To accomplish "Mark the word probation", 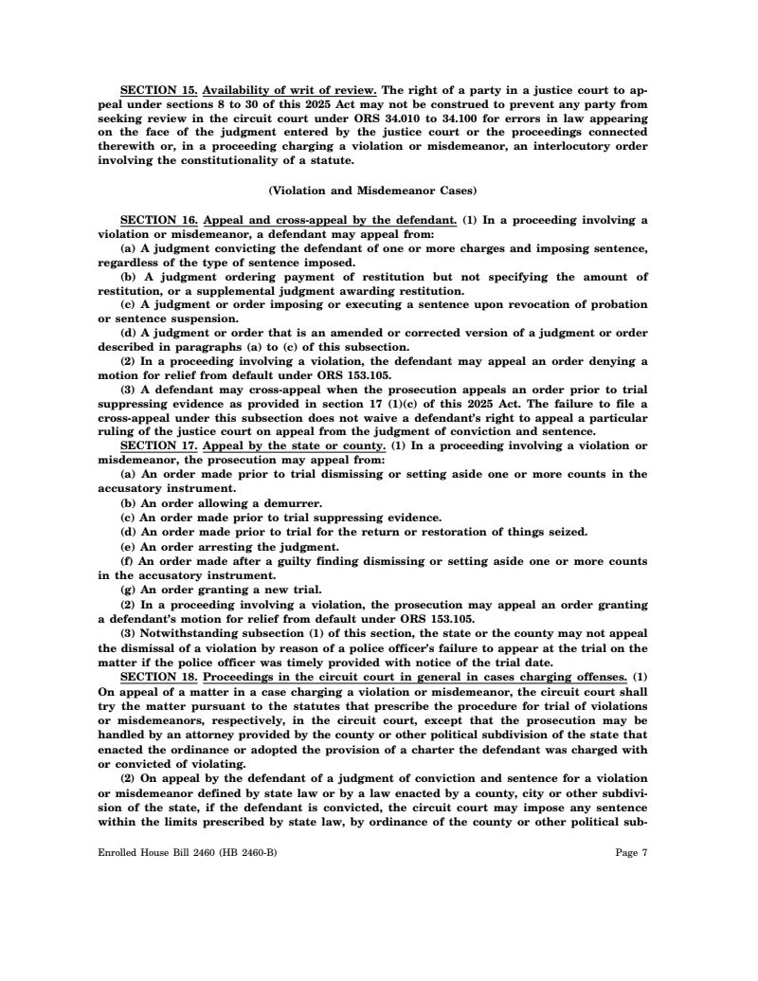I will point(615,305).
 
